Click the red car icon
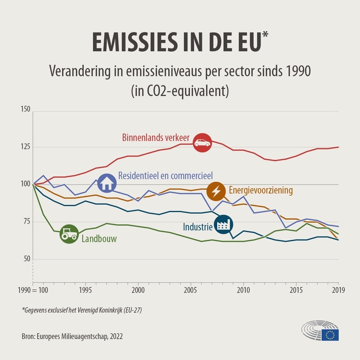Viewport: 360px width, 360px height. (x=202, y=143)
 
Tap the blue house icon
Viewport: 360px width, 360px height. (x=107, y=182)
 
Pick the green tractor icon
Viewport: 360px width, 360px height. (x=69, y=234)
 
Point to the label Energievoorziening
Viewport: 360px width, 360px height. (x=261, y=190)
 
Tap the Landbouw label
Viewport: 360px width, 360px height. (x=99, y=239)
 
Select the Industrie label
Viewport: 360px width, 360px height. (x=198, y=227)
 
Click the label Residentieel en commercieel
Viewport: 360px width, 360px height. (x=165, y=175)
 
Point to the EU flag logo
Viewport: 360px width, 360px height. (x=330, y=334)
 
